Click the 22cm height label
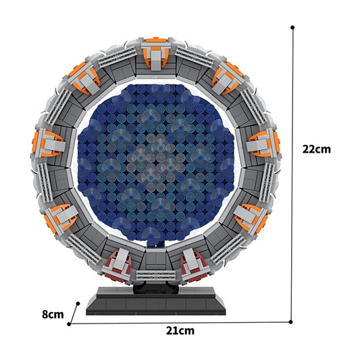(317, 149)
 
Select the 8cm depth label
(52, 314)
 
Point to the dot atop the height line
(292, 28)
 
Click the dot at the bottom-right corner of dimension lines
(292, 322)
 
